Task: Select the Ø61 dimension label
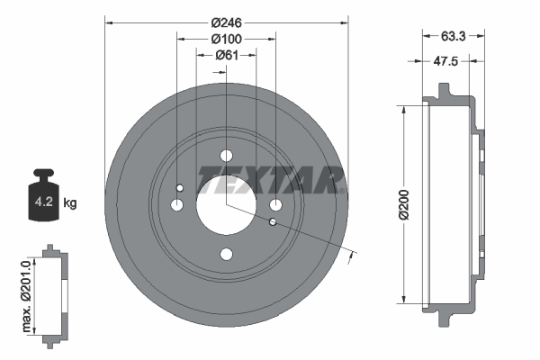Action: point(226,56)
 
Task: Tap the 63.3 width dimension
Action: point(454,38)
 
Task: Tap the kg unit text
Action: point(71,203)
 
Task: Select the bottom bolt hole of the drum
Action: point(226,254)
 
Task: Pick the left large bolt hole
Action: point(177,205)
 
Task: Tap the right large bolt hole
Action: point(275,205)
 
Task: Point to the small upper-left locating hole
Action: point(180,188)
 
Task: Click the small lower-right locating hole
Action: point(273,221)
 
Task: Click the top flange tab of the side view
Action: point(444,91)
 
